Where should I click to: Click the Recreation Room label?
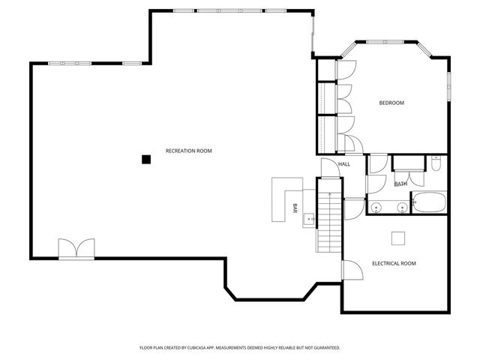coord(188,151)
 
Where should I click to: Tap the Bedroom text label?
coord(391,103)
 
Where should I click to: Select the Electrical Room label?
coord(394,263)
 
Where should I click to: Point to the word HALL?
coord(344,164)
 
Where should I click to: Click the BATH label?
coord(401,184)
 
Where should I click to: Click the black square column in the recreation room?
coord(147,158)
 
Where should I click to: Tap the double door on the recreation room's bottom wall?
coord(77,248)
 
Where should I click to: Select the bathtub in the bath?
coord(429,202)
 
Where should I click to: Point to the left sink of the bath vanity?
coord(376,206)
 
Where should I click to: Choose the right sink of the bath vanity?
coord(403,206)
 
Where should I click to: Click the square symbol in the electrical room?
coord(399,237)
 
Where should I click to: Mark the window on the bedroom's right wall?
coord(449,86)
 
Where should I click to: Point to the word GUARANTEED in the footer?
coord(324,348)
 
